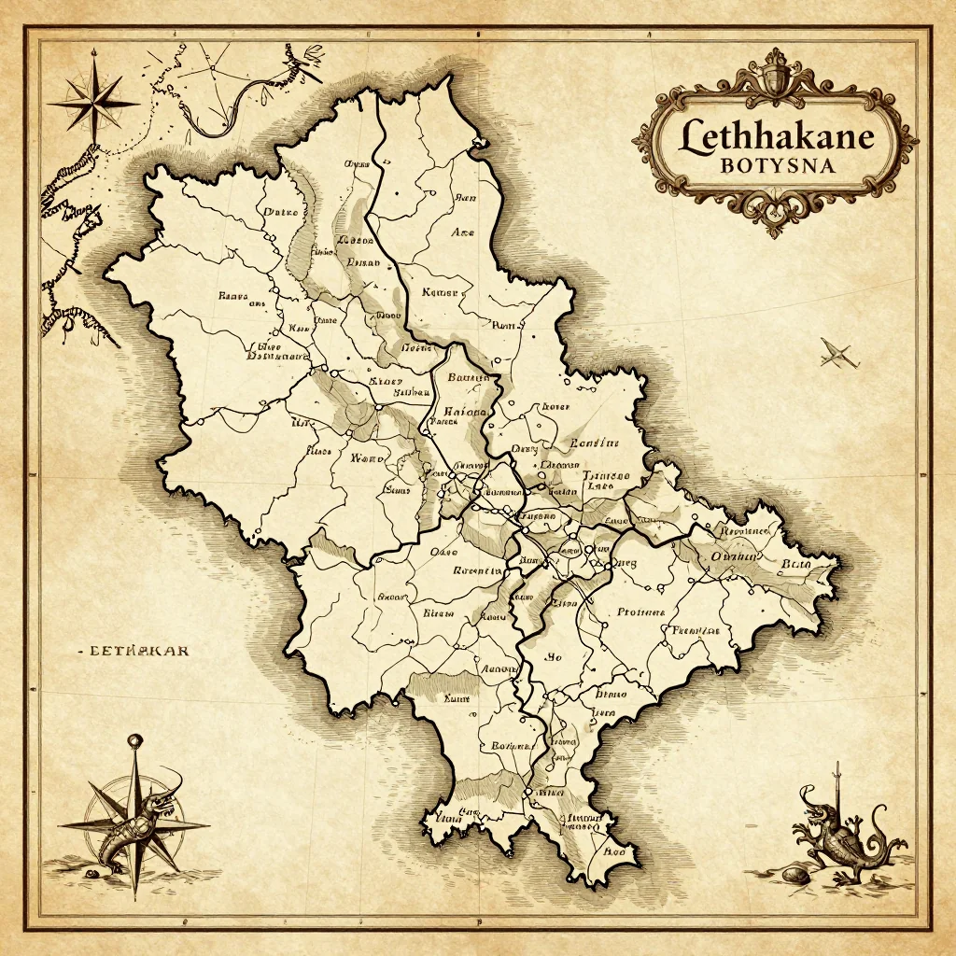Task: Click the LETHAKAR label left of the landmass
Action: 134,649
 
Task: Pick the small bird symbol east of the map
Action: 837,354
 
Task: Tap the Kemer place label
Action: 441,292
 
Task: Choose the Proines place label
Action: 640,612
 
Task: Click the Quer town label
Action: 624,564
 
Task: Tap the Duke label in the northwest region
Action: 280,212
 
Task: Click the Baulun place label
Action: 469,378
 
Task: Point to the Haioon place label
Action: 464,411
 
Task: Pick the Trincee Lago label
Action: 606,481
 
